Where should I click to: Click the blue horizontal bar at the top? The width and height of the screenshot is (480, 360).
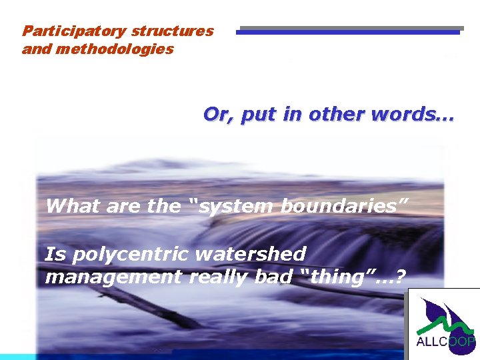click(348, 31)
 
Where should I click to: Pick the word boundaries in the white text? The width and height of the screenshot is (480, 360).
click(339, 206)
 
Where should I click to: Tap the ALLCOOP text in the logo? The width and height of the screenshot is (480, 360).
click(445, 342)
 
